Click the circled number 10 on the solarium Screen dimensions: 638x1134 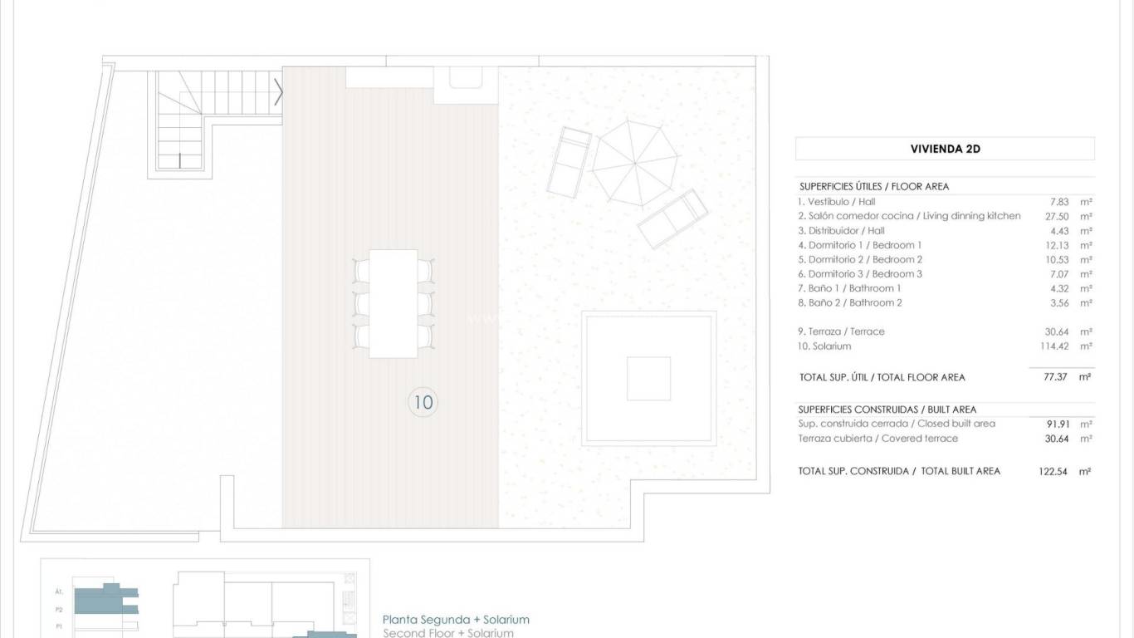(x=423, y=403)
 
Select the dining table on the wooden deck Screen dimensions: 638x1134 (x=393, y=303)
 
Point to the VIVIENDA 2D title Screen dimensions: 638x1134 (x=945, y=150)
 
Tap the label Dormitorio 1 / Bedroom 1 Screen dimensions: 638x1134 (x=859, y=245)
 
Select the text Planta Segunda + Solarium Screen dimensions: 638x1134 (x=456, y=620)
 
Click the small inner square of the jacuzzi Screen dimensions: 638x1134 (x=648, y=379)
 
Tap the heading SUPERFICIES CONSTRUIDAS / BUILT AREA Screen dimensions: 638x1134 (x=887, y=410)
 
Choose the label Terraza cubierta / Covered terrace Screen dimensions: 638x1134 (x=877, y=439)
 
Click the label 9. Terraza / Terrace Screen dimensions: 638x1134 (x=841, y=331)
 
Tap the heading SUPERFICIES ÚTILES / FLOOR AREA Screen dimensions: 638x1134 (x=873, y=187)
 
